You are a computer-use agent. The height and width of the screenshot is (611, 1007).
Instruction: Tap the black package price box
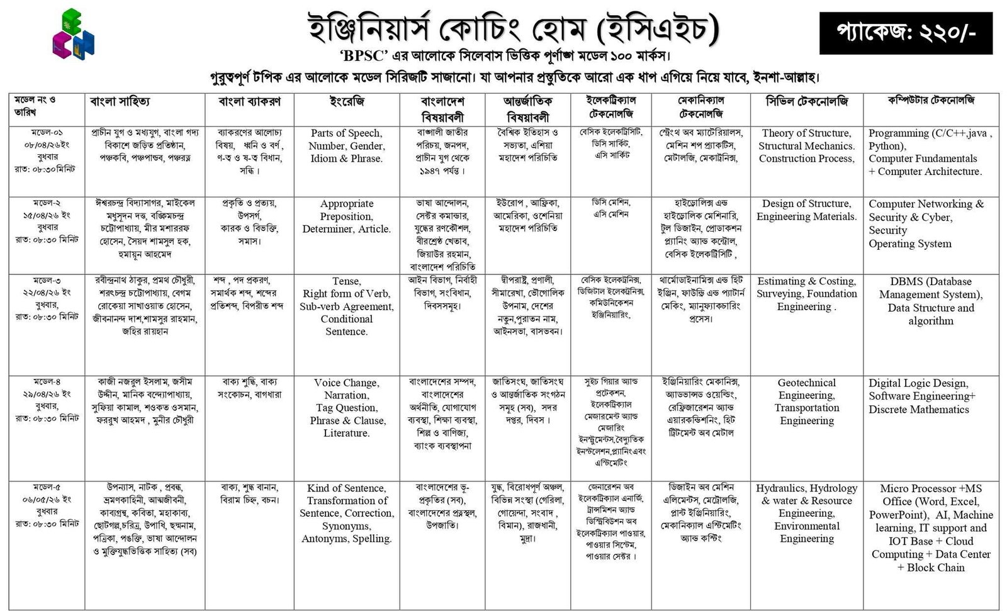point(906,33)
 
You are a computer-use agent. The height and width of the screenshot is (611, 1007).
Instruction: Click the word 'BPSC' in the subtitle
point(364,55)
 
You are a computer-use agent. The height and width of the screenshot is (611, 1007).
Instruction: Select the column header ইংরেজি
point(346,102)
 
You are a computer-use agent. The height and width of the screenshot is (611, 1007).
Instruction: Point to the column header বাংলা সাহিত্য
point(120,102)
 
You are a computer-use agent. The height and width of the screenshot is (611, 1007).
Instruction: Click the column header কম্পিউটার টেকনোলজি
point(931,101)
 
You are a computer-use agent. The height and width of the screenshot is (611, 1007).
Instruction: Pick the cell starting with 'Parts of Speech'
point(346,146)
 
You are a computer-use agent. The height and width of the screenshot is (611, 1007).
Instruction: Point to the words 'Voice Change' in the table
point(346,383)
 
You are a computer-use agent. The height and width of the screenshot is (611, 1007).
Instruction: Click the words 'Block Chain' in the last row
point(936,568)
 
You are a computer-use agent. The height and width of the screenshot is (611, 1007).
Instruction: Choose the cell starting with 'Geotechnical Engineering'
point(806,401)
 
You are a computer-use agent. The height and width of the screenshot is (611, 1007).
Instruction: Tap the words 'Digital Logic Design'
point(918,383)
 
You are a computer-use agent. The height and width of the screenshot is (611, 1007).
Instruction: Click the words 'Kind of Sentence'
point(346,488)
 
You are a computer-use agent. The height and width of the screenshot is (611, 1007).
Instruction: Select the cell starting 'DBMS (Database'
point(931,301)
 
